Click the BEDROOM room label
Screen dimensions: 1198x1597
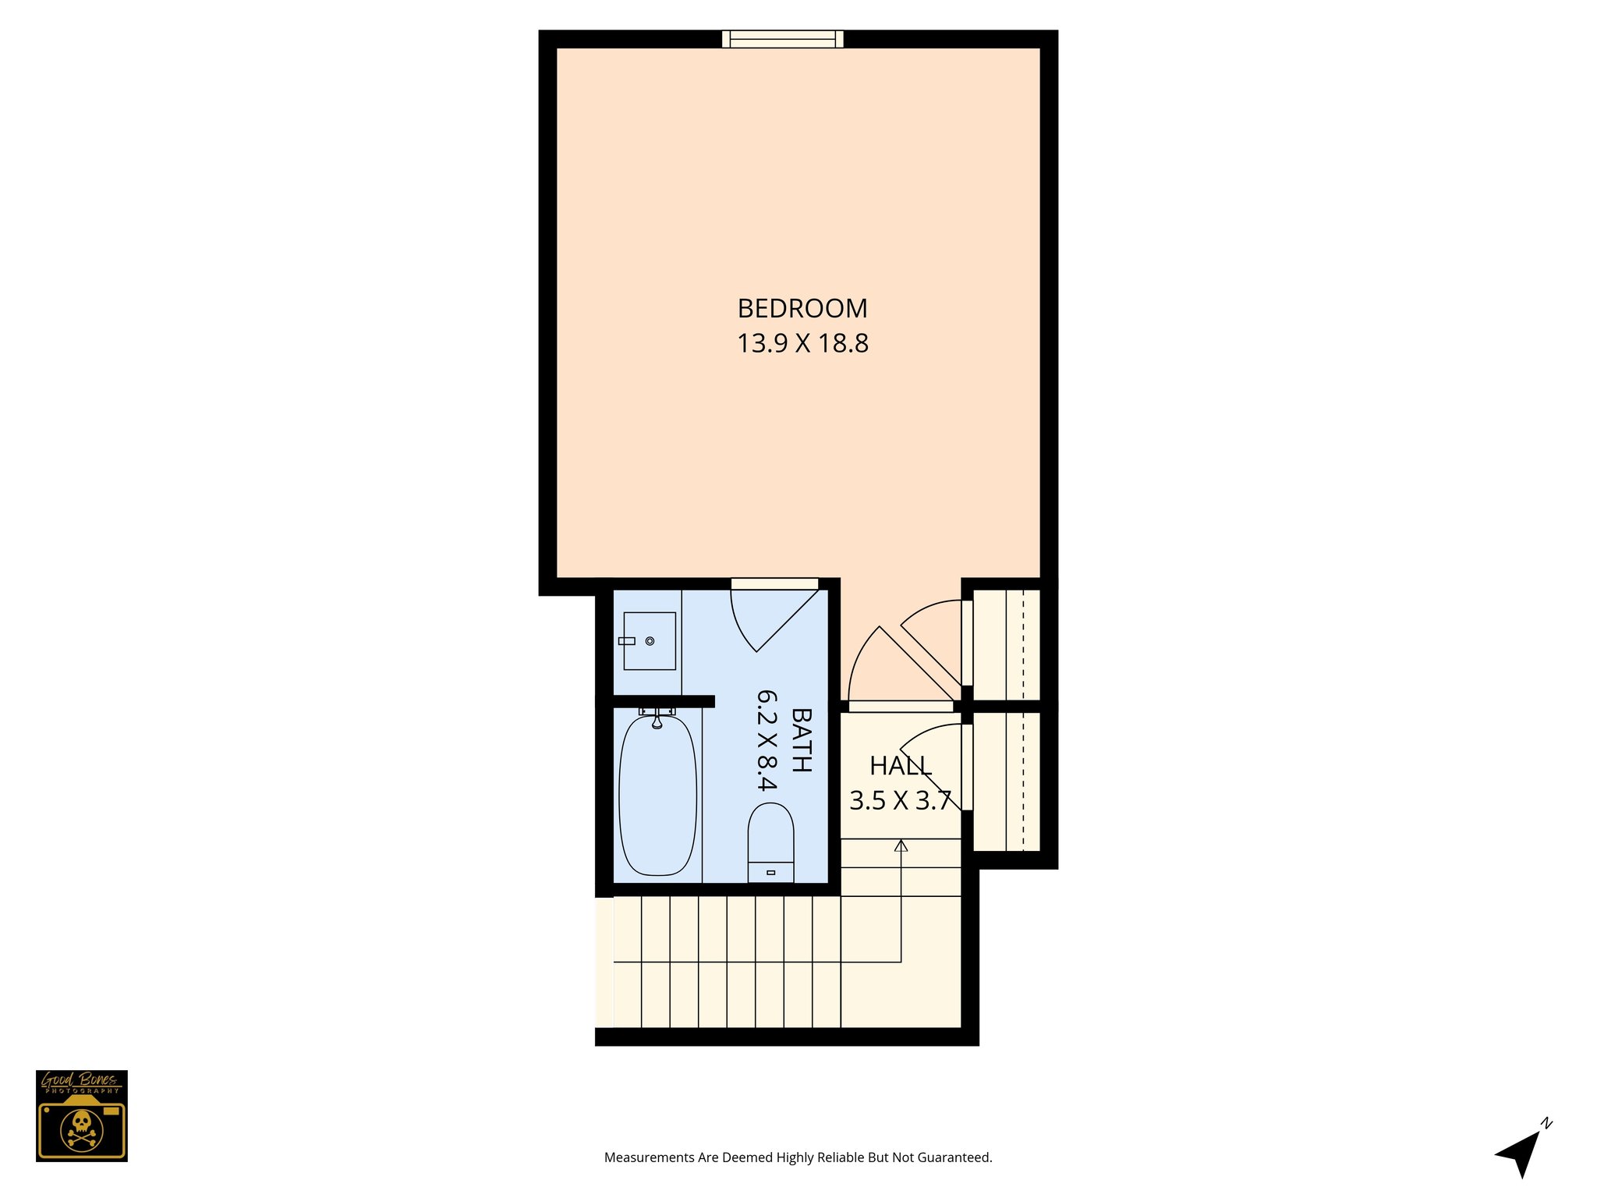pyautogui.click(x=802, y=309)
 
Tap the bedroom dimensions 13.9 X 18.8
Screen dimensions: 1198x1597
pyautogui.click(x=802, y=343)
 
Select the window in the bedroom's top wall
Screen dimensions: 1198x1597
pyautogui.click(x=782, y=39)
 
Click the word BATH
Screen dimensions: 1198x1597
pyautogui.click(x=802, y=740)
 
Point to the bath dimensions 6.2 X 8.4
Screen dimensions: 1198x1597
pyautogui.click(x=767, y=740)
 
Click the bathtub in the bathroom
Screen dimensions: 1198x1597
pyautogui.click(x=657, y=796)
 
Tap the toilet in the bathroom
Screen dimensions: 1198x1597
pyautogui.click(x=770, y=842)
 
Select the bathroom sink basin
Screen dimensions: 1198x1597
pyautogui.click(x=650, y=641)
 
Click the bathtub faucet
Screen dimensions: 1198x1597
pyautogui.click(x=657, y=718)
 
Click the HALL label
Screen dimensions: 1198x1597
pyautogui.click(x=901, y=766)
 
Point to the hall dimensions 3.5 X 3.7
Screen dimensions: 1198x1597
pyautogui.click(x=901, y=801)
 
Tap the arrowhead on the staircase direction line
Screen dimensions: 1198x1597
pyautogui.click(x=901, y=845)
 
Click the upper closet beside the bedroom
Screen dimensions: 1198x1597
pyautogui.click(x=1007, y=644)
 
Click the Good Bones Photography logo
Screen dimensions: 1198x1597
pyautogui.click(x=82, y=1115)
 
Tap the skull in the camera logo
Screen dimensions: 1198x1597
pyautogui.click(x=81, y=1124)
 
